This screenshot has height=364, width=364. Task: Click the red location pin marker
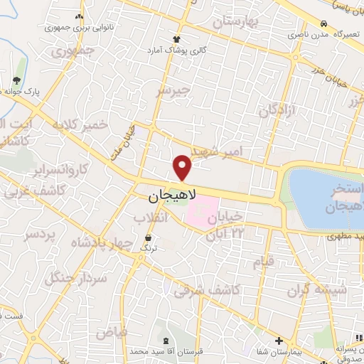[183, 167]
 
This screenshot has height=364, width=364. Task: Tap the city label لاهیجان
[173, 193]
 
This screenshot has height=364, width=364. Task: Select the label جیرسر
[174, 92]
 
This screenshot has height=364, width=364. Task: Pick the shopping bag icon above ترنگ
[148, 237]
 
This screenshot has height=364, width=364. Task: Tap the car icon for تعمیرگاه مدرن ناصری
[324, 23]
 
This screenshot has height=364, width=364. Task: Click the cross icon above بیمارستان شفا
[279, 341]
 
